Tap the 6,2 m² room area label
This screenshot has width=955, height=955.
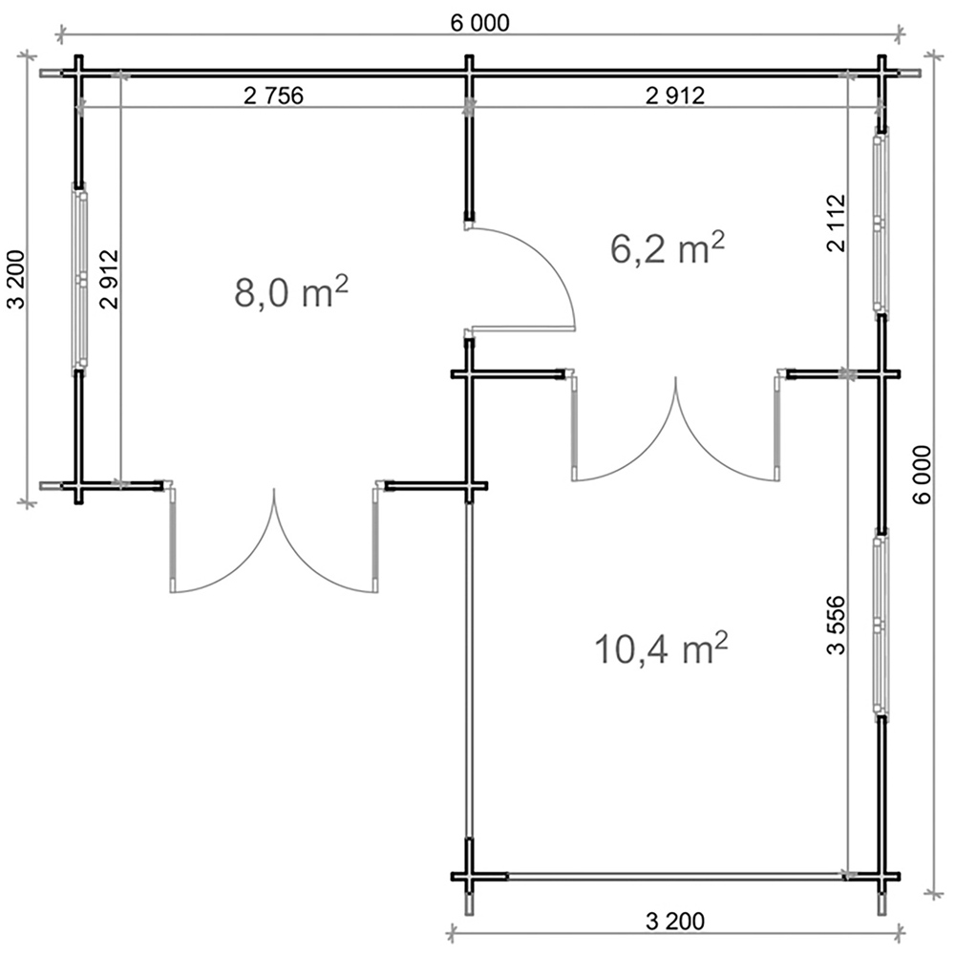point(668,248)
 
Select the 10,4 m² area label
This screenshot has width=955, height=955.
point(662,648)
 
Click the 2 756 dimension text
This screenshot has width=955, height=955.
point(273,95)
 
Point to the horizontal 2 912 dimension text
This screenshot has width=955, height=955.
point(675,95)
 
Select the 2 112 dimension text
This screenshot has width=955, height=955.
point(837,223)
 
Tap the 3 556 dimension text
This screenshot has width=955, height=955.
point(837,625)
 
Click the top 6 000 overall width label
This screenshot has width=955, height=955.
point(480,23)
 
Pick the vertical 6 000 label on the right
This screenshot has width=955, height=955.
point(923,475)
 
